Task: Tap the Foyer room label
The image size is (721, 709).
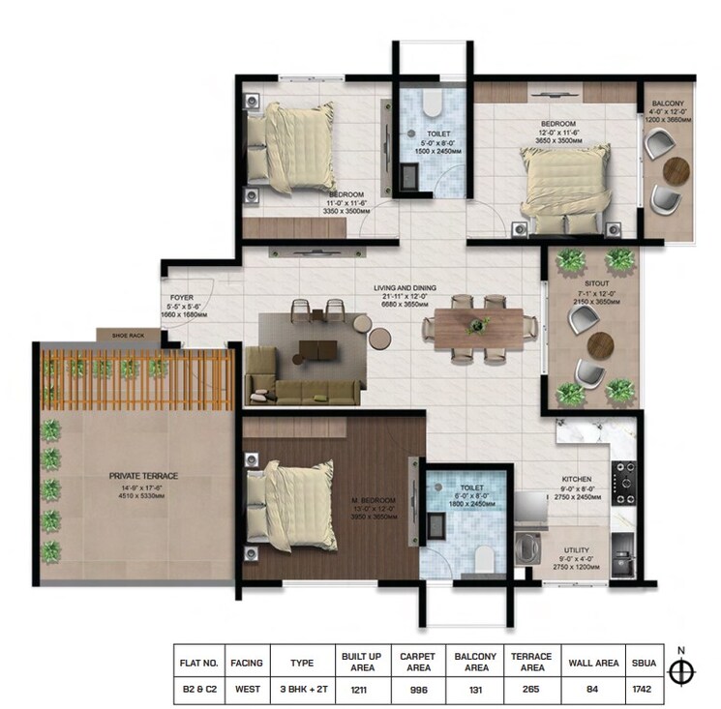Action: (x=183, y=299)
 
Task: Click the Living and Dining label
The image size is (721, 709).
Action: (x=406, y=288)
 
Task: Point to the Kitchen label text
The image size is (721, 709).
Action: (x=577, y=479)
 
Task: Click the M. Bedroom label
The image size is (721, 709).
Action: (x=372, y=500)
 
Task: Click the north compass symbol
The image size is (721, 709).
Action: (x=683, y=670)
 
